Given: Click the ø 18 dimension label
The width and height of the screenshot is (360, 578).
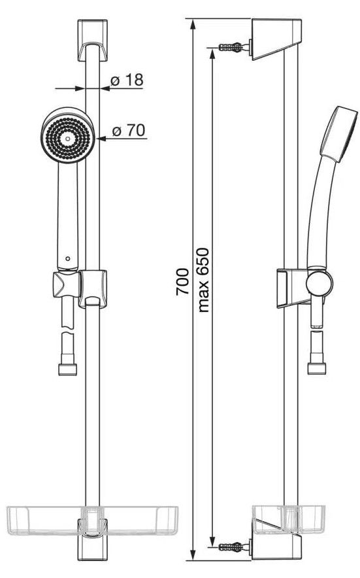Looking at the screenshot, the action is coord(127,80).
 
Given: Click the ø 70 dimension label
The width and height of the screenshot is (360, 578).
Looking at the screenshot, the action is coord(129,131).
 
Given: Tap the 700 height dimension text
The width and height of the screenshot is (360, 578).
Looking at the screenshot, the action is coord(183,282).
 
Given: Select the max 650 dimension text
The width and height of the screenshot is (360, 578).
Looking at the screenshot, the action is coord(203,280).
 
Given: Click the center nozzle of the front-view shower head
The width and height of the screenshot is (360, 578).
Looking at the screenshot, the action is coord(68,139).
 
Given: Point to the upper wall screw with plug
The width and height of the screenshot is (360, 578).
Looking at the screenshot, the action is coord(232,47).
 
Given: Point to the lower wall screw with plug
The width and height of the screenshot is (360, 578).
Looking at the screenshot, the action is coord(232,547).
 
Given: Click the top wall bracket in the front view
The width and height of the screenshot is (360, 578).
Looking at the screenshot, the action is coord(93,40).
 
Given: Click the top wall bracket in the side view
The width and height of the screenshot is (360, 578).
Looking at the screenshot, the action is coord(276,39).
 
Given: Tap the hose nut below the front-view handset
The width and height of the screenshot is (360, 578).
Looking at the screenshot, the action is coord(68,369).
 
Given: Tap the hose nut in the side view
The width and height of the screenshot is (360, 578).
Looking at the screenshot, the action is coord(317,369).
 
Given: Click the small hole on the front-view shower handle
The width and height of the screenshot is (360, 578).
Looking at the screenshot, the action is coord(68,258).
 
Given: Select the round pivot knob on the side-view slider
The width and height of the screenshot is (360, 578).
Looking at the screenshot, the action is coord(319,284).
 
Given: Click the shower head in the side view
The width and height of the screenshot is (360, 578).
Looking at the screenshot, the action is coord(339,134).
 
